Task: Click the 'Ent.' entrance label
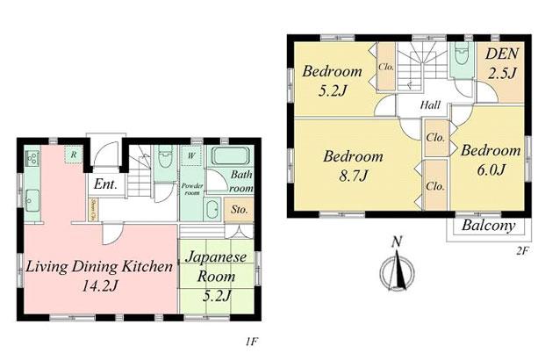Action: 107,184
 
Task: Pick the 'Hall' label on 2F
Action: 430,104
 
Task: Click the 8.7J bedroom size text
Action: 352,177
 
